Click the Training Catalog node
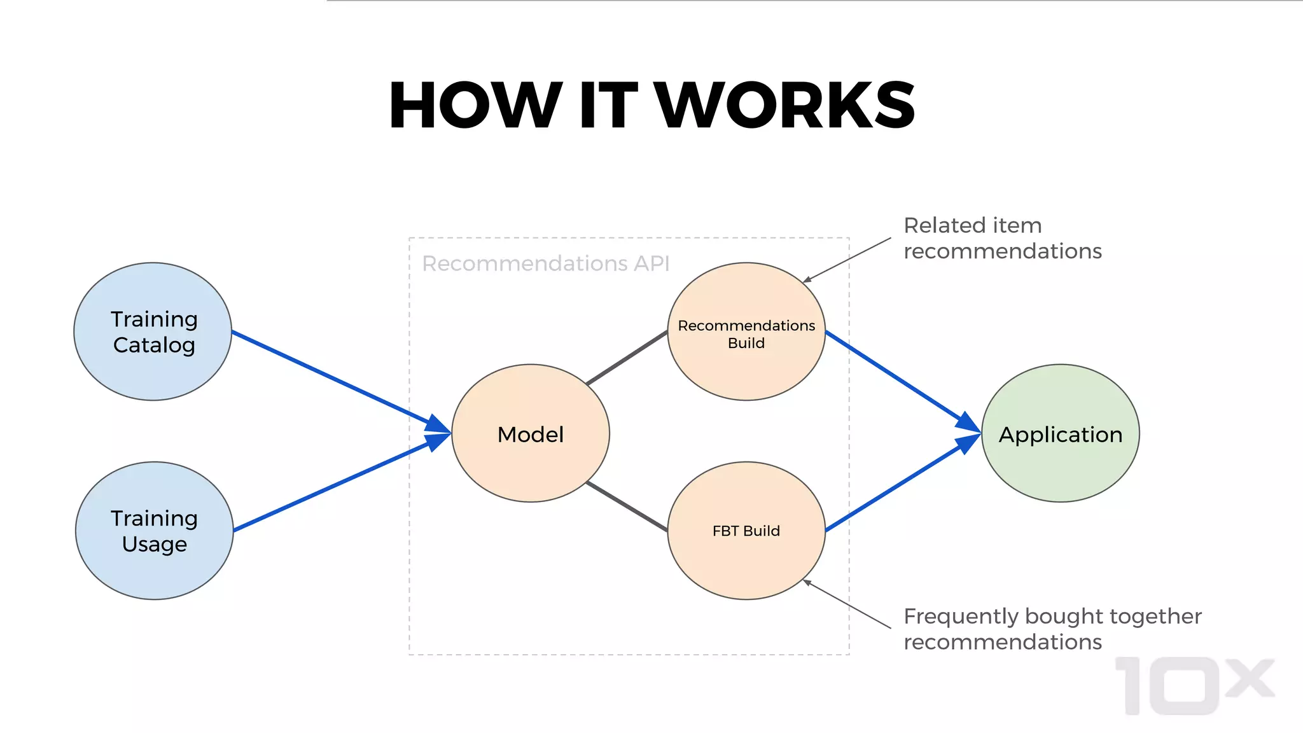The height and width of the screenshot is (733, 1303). (153, 332)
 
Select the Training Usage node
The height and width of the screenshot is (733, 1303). (154, 531)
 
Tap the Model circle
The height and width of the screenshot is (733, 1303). (530, 433)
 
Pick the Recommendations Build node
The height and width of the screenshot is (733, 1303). (746, 332)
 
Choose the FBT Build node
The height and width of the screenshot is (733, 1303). (746, 531)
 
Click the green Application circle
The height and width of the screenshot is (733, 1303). (1060, 433)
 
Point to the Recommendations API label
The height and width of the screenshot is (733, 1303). (545, 263)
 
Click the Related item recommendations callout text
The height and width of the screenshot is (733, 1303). (1002, 238)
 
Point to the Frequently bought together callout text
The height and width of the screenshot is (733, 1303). (1052, 629)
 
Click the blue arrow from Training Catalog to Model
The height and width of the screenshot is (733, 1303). (331, 377)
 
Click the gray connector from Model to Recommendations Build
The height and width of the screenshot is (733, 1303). (627, 358)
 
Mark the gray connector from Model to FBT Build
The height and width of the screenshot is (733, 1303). (627, 506)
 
